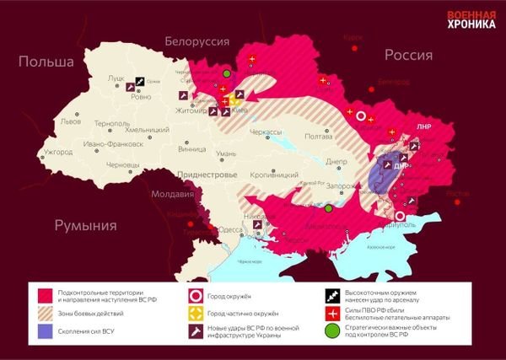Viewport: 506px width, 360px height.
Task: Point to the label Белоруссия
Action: pos(197,40)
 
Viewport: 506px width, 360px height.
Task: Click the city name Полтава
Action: pos(318,136)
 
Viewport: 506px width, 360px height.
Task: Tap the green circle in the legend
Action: pos(330,331)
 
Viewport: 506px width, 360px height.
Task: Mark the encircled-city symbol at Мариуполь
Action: pos(400,217)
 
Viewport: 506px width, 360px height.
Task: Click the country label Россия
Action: pos(408,55)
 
